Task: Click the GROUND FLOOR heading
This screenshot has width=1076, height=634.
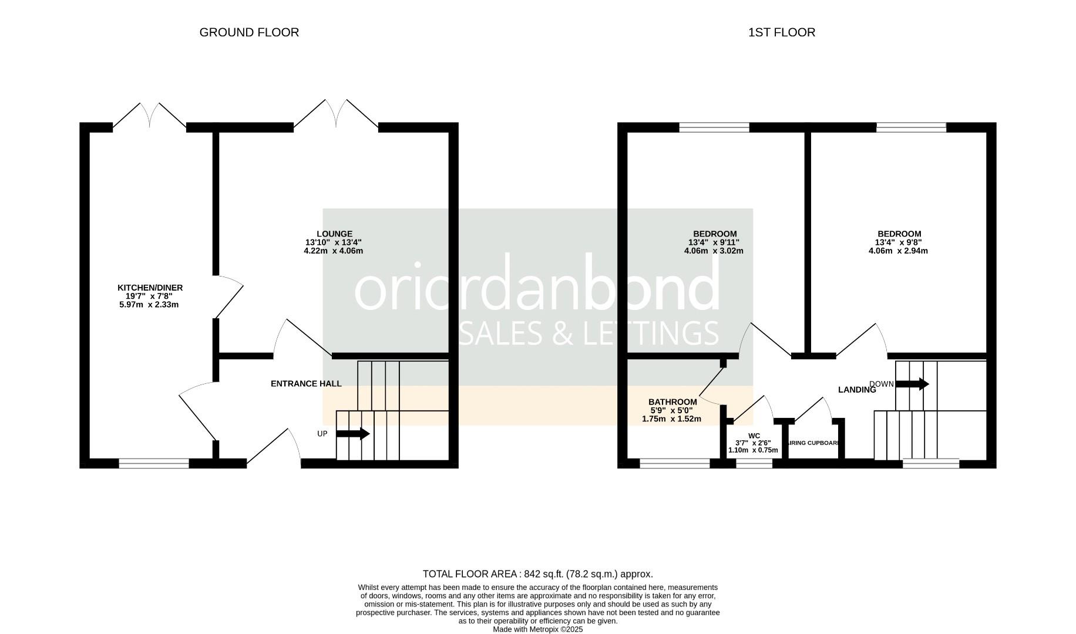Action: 249,32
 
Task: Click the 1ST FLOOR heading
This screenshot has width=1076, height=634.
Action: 781,32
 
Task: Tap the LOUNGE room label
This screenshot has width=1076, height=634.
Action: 334,234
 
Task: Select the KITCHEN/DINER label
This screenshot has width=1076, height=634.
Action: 150,288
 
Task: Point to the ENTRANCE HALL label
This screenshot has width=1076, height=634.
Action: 306,384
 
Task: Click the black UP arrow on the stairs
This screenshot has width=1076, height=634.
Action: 352,434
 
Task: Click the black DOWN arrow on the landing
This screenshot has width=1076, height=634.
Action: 912,385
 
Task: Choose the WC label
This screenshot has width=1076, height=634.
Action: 754,436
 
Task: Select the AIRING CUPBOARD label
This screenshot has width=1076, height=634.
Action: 814,443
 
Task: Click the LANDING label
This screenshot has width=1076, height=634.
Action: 857,390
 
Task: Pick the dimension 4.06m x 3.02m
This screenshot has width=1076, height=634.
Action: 714,251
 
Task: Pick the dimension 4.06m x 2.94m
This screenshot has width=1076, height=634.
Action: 898,251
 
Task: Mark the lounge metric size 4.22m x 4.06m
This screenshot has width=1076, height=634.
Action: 333,251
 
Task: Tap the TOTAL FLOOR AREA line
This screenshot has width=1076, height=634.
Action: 538,574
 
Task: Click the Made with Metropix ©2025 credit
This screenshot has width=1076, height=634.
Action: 538,629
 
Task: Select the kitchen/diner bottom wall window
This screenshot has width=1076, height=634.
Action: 154,464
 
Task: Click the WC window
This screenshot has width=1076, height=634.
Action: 754,464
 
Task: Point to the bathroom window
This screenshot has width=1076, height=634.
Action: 675,464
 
